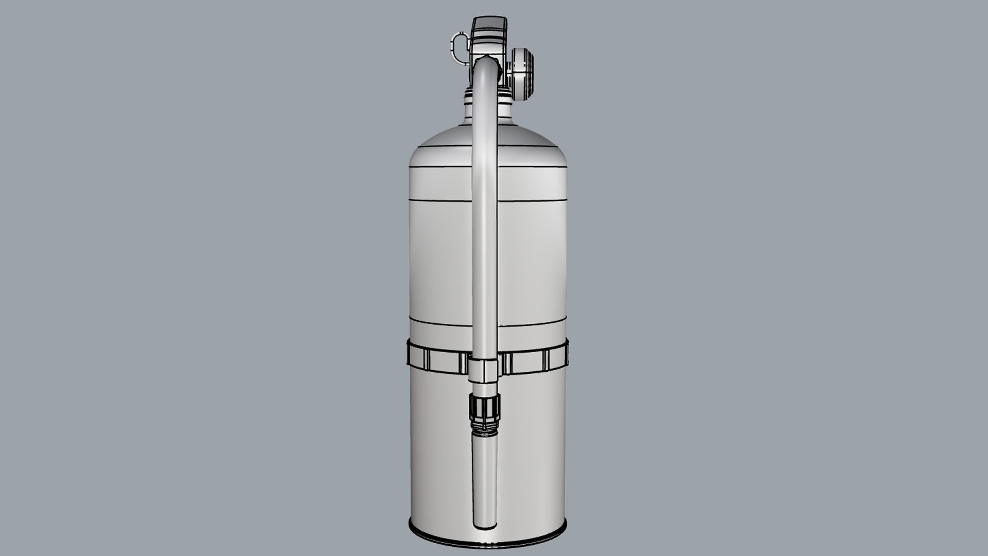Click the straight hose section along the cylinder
[485, 232]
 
